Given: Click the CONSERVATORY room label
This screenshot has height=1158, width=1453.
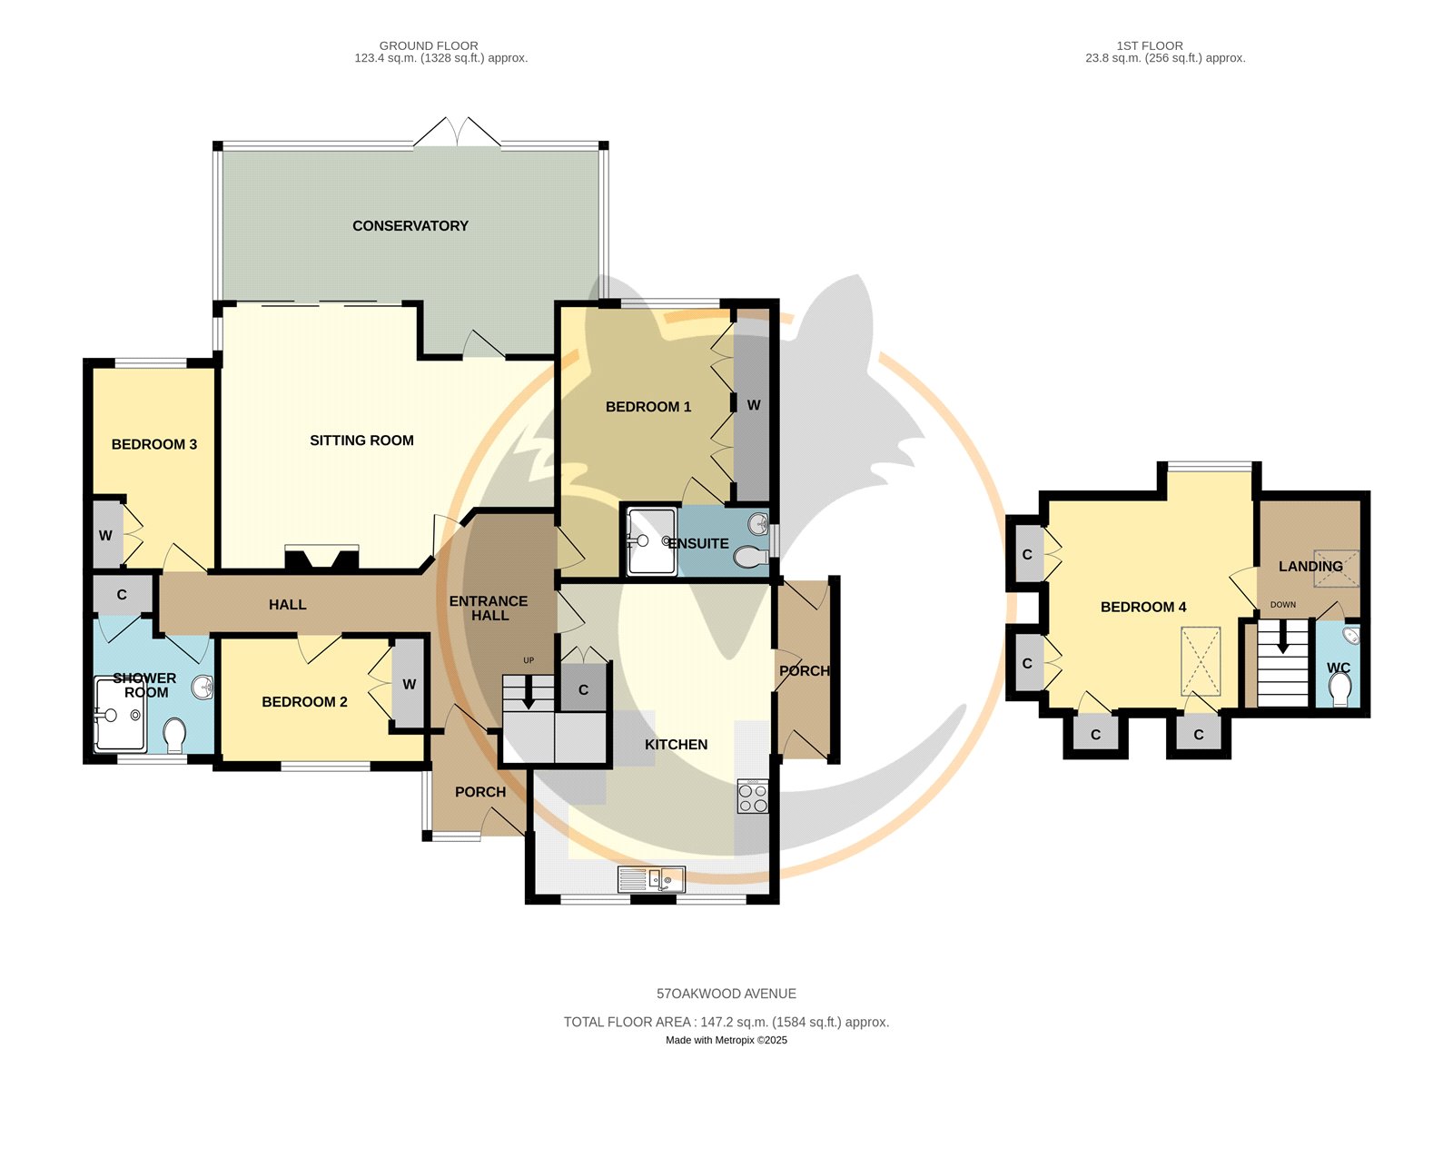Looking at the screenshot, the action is tap(410, 225).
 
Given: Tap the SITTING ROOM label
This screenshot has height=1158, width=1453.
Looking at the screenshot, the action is tap(361, 440).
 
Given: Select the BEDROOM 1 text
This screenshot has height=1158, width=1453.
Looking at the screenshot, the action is tap(648, 407).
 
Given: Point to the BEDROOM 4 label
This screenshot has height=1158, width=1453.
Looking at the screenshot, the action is tap(1143, 607).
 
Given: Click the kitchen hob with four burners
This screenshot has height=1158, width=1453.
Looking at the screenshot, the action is tap(752, 797).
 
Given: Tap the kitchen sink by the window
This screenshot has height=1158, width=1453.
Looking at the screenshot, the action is tap(651, 879).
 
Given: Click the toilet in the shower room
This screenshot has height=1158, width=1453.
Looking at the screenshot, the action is tap(175, 735).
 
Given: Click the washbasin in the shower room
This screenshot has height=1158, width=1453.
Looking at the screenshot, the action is tap(203, 688).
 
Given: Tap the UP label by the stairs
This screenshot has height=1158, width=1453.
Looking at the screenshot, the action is tap(529, 660).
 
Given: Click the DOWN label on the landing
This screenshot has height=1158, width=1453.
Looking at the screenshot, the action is tap(1283, 604).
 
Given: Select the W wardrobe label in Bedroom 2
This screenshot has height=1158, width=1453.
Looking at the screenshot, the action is tap(410, 684).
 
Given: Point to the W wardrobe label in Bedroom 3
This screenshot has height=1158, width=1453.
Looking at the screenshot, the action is tap(105, 536).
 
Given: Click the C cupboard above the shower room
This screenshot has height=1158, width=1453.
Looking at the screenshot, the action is tap(122, 595).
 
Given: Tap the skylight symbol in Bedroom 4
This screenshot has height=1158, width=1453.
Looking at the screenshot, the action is tap(1201, 661).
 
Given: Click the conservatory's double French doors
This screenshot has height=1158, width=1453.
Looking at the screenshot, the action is tap(457, 132).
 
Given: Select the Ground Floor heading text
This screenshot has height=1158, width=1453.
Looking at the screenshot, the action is tap(429, 46).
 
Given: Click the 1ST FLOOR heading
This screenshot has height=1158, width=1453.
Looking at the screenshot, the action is tap(1149, 46).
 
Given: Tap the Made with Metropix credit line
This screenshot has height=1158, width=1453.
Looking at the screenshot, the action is tap(726, 1040).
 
